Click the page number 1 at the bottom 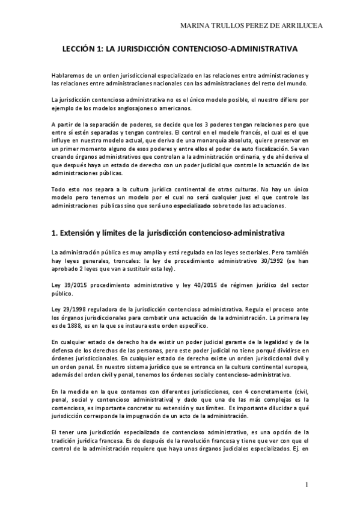tap(307, 484)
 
